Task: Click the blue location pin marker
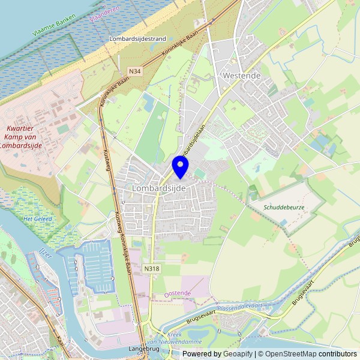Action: click(180, 166)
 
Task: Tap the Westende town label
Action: click(241, 76)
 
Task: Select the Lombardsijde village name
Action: click(158, 188)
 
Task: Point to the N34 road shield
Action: click(135, 71)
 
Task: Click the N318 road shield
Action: click(152, 269)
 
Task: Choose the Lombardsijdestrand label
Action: click(137, 38)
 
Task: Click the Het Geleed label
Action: click(37, 219)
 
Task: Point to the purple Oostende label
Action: click(178, 293)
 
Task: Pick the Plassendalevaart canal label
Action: click(240, 307)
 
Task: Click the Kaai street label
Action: click(60, 341)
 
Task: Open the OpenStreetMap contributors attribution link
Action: click(307, 354)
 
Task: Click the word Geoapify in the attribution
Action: click(238, 354)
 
